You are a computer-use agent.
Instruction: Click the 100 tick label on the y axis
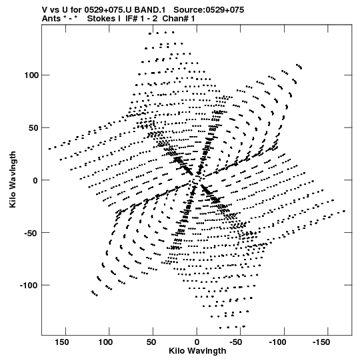[32, 75]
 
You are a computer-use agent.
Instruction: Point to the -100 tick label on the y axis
[29, 285]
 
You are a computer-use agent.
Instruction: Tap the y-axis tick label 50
[34, 127]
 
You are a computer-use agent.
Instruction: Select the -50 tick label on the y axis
[31, 233]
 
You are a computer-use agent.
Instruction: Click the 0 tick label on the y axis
[35, 180]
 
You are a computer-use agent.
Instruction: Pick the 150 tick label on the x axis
[61, 342]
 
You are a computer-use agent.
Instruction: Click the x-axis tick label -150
[321, 342]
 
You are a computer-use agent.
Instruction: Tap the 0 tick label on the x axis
[197, 342]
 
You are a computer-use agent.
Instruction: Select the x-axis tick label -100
[277, 342]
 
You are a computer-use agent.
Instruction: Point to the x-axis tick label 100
[105, 342]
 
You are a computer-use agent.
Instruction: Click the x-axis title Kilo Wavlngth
[197, 351]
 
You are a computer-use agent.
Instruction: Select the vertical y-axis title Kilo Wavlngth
[13, 179]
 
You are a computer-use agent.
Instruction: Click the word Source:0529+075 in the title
[209, 10]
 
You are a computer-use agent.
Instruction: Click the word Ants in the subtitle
[51, 19]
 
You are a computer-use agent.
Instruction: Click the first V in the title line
[45, 10]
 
